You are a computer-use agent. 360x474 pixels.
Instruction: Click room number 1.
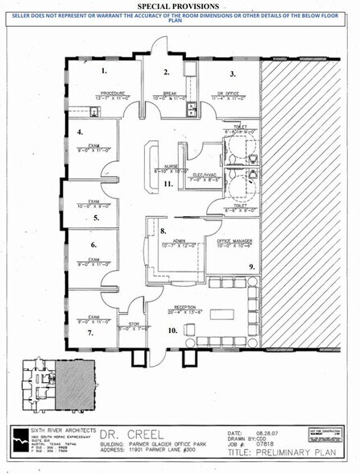pyautogui.click(x=103, y=71)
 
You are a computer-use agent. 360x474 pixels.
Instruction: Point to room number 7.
pyautogui.click(x=91, y=332)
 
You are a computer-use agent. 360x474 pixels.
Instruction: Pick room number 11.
pyautogui.click(x=168, y=184)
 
